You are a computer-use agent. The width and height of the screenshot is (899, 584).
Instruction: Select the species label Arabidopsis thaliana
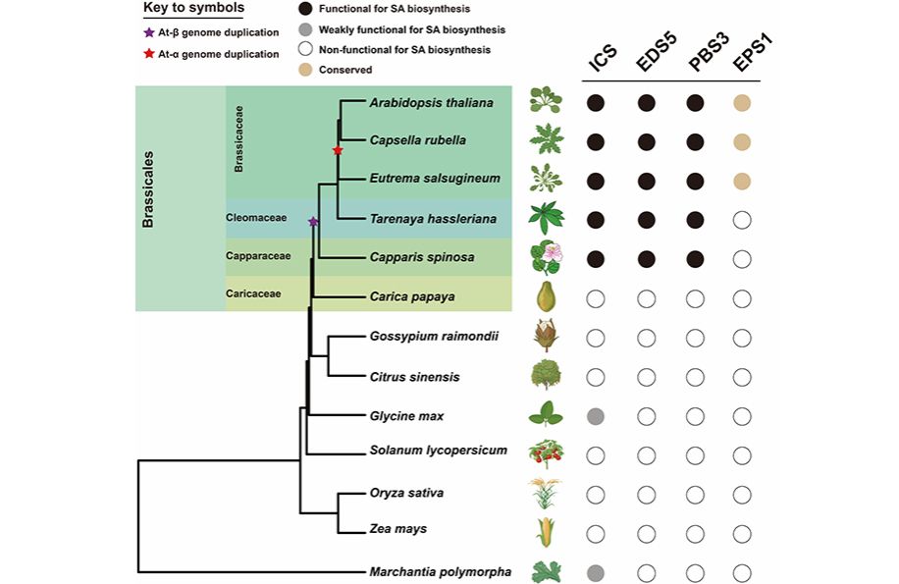coord(432,103)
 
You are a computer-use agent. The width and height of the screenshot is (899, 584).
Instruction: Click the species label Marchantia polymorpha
coord(440,571)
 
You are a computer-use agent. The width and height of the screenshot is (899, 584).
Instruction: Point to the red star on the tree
coord(338,150)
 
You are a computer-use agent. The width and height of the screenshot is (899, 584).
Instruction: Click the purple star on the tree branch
coord(313,223)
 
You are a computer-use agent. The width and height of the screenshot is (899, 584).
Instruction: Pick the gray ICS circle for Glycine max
coord(595,417)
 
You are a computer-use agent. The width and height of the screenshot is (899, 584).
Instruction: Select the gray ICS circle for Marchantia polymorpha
coord(595,571)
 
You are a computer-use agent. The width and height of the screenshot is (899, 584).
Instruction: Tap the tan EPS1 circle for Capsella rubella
coord(742,141)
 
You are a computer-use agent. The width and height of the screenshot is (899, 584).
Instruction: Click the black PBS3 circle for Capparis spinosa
coord(695,259)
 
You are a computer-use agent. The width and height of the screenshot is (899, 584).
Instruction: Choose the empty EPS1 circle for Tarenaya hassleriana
coord(742,220)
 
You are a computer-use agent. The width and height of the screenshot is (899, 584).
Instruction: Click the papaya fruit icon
coord(547,295)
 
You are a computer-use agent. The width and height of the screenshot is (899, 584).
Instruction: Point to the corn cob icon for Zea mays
coord(546,531)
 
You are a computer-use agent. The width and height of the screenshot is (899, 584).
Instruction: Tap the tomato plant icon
coord(546,452)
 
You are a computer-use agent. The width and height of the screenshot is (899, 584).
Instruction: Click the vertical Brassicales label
coord(149,188)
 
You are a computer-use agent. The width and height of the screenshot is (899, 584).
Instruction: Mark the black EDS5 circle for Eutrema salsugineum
coord(646,181)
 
